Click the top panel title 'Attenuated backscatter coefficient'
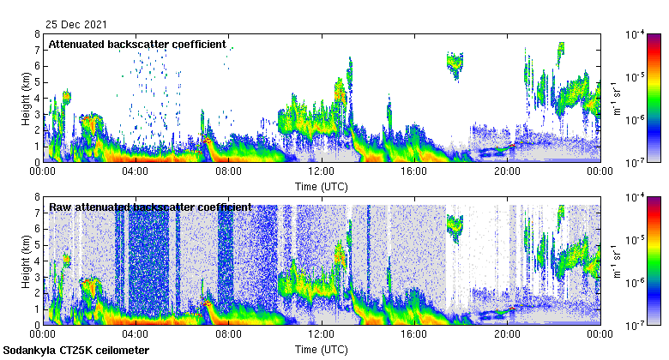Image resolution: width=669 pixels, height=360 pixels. pos(137,44)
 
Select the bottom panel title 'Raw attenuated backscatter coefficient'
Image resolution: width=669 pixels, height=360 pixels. pos(150,207)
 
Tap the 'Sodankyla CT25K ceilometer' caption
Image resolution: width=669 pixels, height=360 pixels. pos(75,351)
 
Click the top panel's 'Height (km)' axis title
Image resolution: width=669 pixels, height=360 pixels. pos(26,98)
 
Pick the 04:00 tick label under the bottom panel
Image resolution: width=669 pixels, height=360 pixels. pos(136,334)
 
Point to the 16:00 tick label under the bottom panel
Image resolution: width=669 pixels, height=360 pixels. pos(413,334)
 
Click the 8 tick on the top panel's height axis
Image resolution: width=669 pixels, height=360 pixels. pos(37,34)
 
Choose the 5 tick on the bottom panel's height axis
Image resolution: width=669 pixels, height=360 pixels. pos(37,245)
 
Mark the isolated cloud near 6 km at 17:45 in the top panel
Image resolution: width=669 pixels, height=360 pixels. pos(455,63)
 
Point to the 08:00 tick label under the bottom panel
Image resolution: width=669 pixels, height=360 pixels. pos(228,334)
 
